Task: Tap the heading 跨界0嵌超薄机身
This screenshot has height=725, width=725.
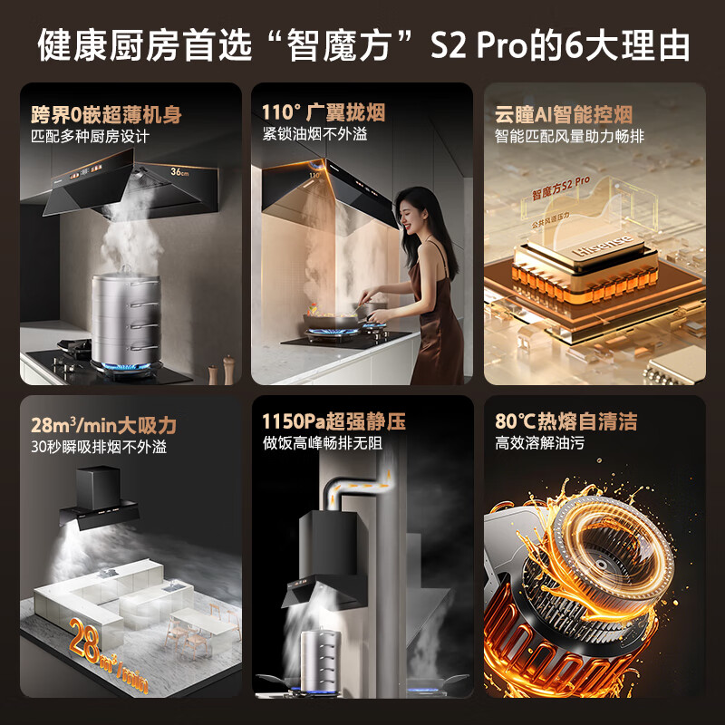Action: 105,114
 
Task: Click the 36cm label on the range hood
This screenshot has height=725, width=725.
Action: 179,170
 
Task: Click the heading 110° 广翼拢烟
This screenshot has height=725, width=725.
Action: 324,112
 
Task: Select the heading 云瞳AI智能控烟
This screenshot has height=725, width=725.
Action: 563,114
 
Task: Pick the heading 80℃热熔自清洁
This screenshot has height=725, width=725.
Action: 565,421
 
